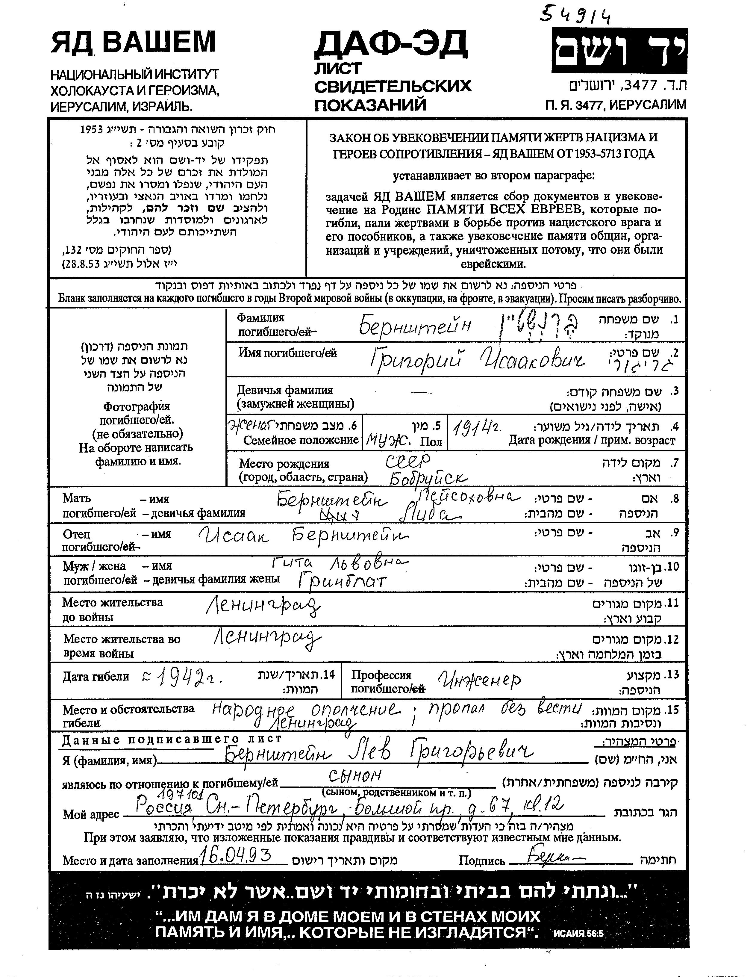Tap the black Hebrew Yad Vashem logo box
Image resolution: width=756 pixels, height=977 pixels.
pyautogui.click(x=619, y=51)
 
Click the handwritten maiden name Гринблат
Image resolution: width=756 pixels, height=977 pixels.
pyautogui.click(x=342, y=581)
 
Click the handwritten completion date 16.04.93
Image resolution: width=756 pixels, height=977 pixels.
pyautogui.click(x=236, y=856)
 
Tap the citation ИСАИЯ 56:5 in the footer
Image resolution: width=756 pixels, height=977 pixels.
pyautogui.click(x=578, y=934)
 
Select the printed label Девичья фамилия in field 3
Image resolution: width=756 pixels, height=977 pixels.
pyautogui.click(x=285, y=390)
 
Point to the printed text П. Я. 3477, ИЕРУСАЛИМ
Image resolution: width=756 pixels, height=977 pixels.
pyautogui.click(x=615, y=105)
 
